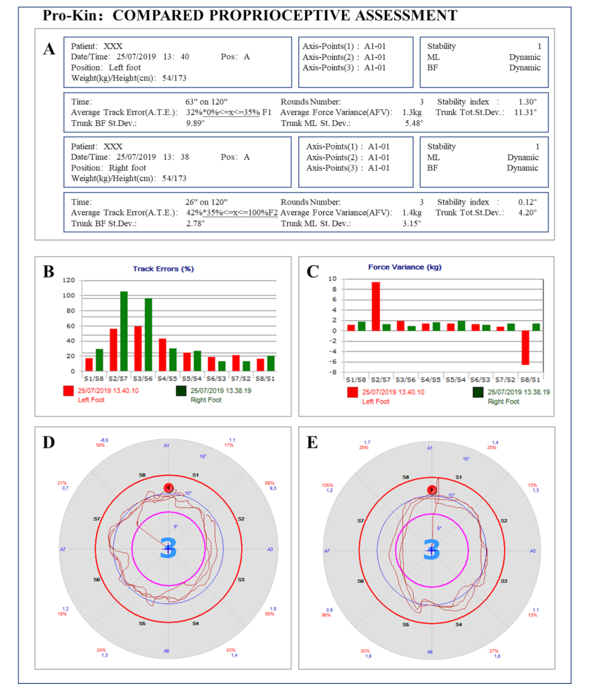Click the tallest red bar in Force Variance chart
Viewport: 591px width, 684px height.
(376, 306)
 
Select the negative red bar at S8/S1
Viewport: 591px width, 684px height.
(525, 355)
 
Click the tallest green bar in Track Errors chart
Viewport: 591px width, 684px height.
(124, 331)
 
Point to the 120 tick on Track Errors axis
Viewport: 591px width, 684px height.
(69, 280)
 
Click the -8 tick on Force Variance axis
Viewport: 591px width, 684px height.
(333, 372)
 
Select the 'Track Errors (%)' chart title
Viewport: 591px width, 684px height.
(163, 268)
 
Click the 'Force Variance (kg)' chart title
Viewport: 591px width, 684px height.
(404, 267)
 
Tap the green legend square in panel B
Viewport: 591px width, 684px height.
(182, 391)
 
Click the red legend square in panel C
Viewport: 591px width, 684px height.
(352, 393)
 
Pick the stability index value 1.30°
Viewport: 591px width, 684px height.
(527, 102)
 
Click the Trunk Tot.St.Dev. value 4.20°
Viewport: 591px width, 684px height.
(527, 213)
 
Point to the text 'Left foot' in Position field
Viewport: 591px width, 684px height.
(125, 67)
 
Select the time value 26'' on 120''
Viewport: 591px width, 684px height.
(206, 202)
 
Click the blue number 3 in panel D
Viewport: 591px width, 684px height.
(169, 548)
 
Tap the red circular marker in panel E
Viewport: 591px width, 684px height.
(432, 490)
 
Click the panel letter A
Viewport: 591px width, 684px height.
(50, 49)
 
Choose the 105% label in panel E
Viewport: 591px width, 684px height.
(327, 486)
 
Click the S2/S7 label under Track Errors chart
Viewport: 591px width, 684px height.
(117, 378)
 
